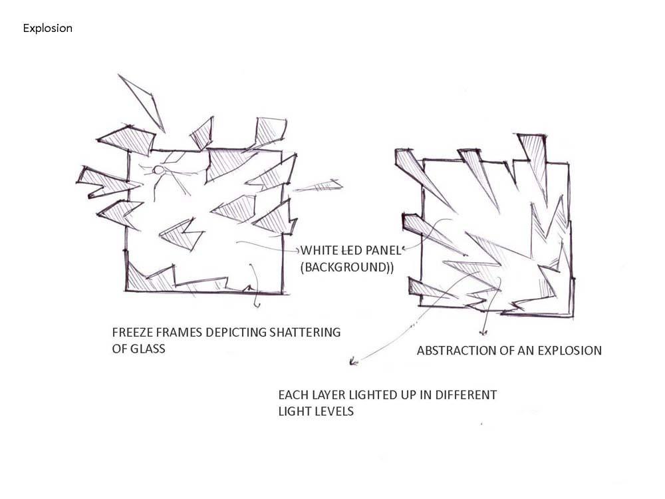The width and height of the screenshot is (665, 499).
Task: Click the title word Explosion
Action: [x=47, y=29]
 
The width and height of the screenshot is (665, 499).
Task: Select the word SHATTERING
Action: [x=305, y=332]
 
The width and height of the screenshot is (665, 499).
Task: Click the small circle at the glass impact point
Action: [x=158, y=170]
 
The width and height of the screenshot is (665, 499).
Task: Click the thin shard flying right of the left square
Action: [x=318, y=186]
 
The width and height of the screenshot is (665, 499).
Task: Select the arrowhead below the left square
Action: [x=257, y=304]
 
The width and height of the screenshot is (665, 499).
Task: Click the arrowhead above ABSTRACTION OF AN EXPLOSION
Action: [x=483, y=332]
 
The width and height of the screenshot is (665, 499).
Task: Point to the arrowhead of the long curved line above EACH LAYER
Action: [x=353, y=361]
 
